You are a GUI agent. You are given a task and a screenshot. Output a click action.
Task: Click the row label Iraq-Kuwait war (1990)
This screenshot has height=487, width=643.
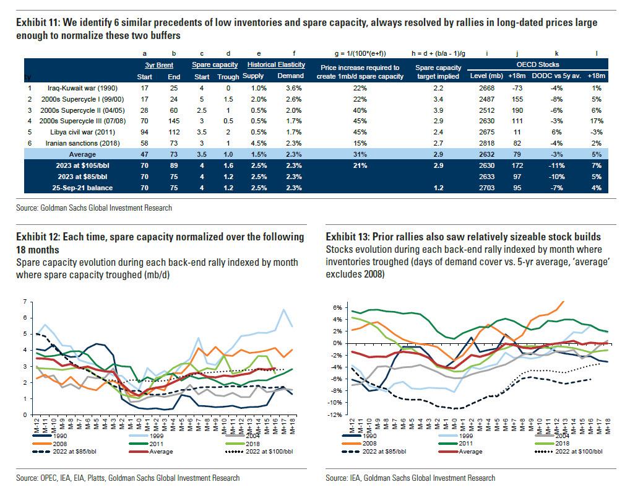(x=76, y=88)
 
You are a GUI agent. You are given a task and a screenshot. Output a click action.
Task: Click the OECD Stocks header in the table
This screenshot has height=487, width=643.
(x=542, y=64)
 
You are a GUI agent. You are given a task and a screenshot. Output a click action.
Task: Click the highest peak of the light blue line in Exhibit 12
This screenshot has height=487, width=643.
(x=284, y=310)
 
